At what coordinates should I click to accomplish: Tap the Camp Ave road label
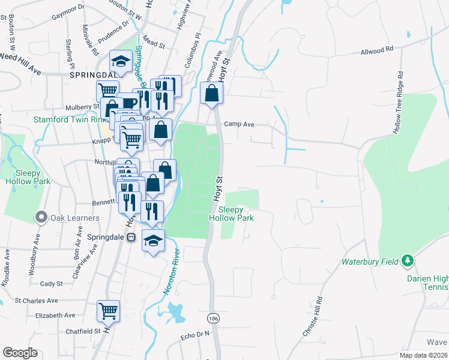[240, 124]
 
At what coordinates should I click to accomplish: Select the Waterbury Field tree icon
[408, 260]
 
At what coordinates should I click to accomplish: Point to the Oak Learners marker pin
[41, 217]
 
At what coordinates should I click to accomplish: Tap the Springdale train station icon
[131, 237]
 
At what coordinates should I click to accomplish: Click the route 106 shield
[213, 316]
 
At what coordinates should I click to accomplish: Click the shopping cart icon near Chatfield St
[108, 310]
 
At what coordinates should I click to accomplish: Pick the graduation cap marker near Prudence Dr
[121, 61]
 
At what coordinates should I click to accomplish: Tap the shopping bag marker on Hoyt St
[211, 93]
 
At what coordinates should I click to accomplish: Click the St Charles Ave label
[37, 300]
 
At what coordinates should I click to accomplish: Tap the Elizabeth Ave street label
[55, 315]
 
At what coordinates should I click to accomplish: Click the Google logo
[20, 353]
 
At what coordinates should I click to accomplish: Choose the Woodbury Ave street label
[32, 259]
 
